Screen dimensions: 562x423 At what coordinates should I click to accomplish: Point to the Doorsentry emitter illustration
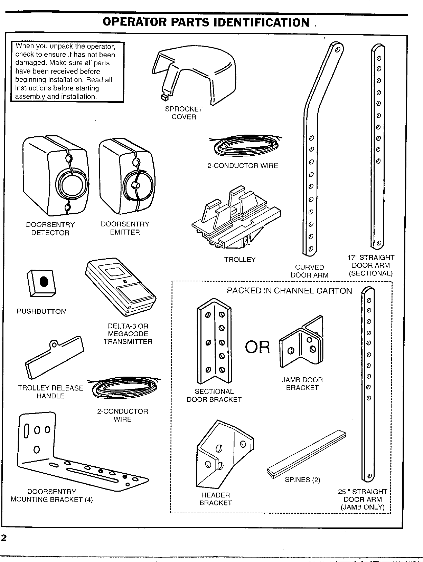pyautogui.click(x=126, y=174)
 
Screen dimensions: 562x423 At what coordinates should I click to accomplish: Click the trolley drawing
pyautogui.click(x=235, y=221)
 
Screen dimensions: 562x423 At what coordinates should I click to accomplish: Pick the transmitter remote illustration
pyautogui.click(x=121, y=287)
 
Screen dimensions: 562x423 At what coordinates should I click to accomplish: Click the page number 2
pyautogui.click(x=4, y=538)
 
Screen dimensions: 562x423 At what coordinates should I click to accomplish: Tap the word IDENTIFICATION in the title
pyautogui.click(x=261, y=22)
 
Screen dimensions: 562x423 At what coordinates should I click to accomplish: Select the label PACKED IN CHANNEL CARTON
pyautogui.click(x=289, y=291)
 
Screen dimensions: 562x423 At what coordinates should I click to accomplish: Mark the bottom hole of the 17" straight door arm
pyautogui.click(x=379, y=243)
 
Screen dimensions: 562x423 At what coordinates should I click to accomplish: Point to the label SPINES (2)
pyautogui.click(x=302, y=480)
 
